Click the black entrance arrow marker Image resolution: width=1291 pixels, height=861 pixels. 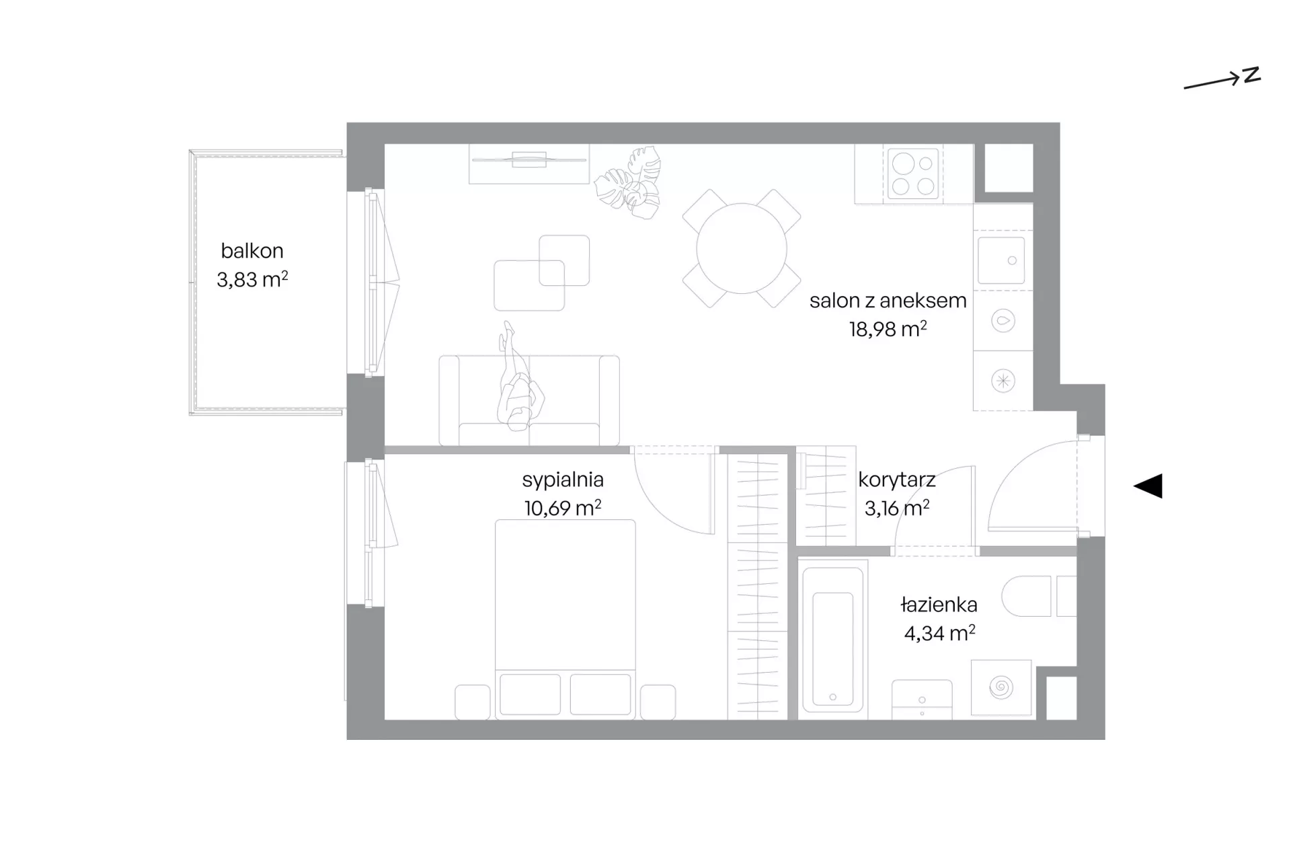(1148, 486)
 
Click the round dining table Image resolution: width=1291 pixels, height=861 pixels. (742, 248)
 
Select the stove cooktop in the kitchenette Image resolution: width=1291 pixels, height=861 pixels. (912, 174)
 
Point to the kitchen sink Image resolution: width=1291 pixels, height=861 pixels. (1001, 260)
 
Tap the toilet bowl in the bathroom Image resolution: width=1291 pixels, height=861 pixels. (1026, 596)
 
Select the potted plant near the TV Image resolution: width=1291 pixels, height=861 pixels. (629, 183)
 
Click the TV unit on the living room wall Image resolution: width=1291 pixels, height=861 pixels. (529, 163)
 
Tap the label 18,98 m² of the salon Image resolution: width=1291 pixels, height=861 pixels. (888, 329)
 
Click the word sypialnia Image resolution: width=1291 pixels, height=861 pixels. (563, 480)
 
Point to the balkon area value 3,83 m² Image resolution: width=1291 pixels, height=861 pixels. (252, 279)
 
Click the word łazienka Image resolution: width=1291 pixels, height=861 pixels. (939, 605)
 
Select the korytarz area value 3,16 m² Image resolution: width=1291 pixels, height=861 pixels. (897, 508)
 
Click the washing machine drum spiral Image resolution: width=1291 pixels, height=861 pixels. (1001, 687)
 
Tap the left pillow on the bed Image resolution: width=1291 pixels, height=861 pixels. (531, 694)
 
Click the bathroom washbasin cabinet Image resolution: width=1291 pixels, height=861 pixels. (922, 700)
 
